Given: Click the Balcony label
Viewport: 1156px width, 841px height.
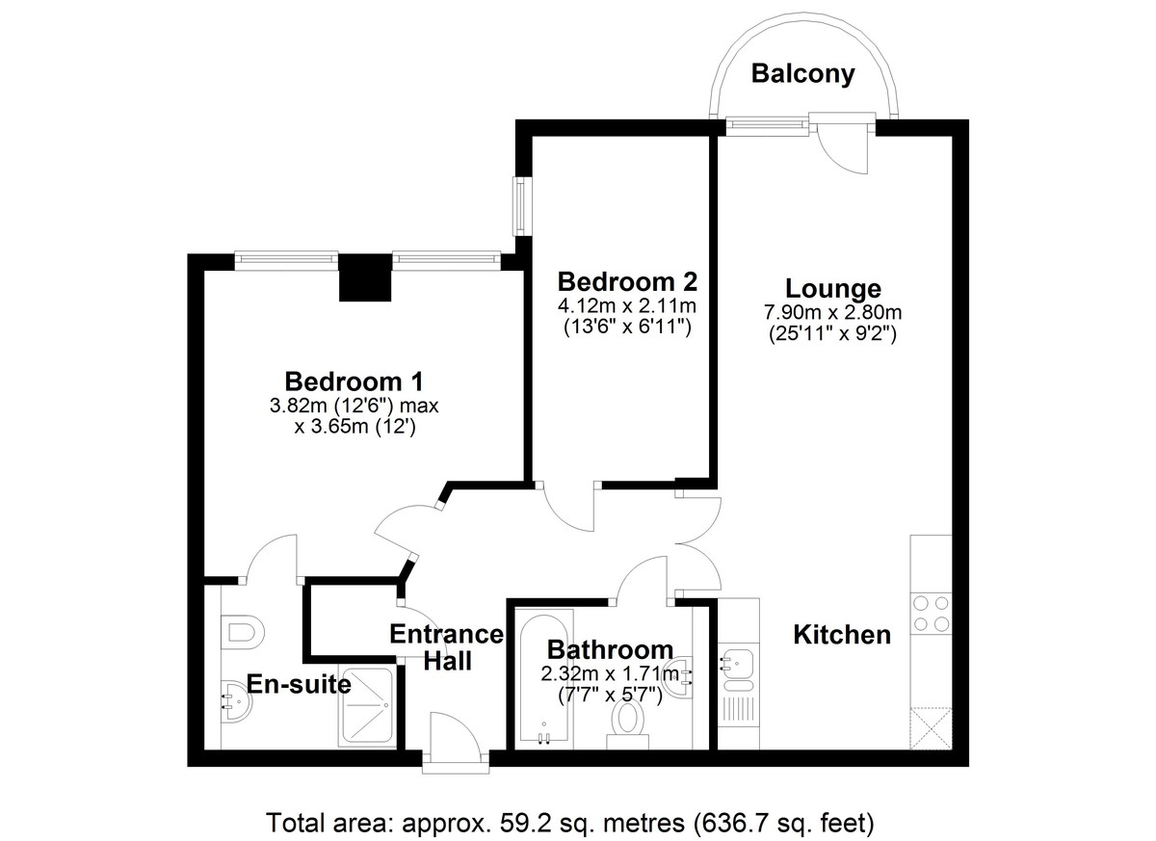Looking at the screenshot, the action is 802,74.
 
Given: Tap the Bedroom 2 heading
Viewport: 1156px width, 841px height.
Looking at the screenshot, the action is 627,282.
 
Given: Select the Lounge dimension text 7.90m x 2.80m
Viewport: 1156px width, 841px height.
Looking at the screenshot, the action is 832,312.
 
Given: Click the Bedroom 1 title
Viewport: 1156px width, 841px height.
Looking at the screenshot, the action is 355,381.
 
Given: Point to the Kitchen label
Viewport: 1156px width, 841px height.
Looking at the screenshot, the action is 842,635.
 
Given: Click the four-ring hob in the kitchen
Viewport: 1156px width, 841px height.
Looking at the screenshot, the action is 931,615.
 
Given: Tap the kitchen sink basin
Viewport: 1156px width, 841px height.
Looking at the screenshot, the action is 738,663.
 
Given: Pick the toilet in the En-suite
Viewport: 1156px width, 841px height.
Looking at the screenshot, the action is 242,632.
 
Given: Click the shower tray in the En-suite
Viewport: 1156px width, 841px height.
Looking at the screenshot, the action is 367,707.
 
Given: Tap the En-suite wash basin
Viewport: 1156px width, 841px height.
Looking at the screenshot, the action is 236,701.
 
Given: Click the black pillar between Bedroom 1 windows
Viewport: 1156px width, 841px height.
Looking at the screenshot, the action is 365,278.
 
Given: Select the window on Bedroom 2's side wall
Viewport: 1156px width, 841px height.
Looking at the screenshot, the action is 522,207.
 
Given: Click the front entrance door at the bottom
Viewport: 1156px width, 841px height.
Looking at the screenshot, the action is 455,738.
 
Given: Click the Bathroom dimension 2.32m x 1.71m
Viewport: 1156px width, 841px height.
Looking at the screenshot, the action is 610,673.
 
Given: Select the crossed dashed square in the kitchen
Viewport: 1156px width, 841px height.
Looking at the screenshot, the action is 931,728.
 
